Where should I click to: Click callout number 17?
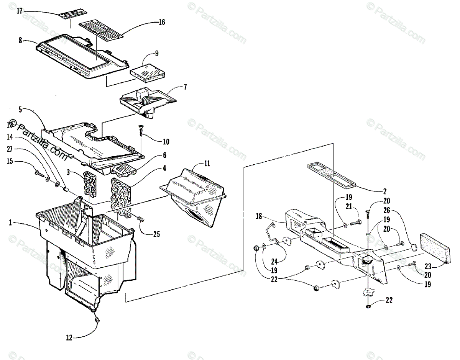tap(20, 11)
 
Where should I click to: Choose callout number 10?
tap(166, 142)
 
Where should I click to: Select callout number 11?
tap(207, 164)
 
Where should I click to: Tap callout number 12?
tap(69, 337)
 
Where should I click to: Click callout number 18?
tap(259, 216)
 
